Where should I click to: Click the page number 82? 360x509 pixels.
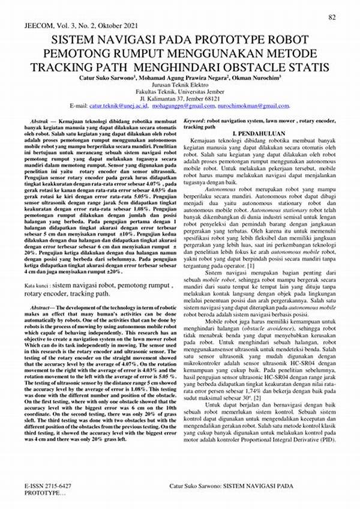[331, 17]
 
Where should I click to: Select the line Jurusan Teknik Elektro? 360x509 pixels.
[180, 85]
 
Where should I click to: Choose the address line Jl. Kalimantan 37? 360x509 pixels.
[180, 98]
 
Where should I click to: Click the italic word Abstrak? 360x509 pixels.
[39, 122]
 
